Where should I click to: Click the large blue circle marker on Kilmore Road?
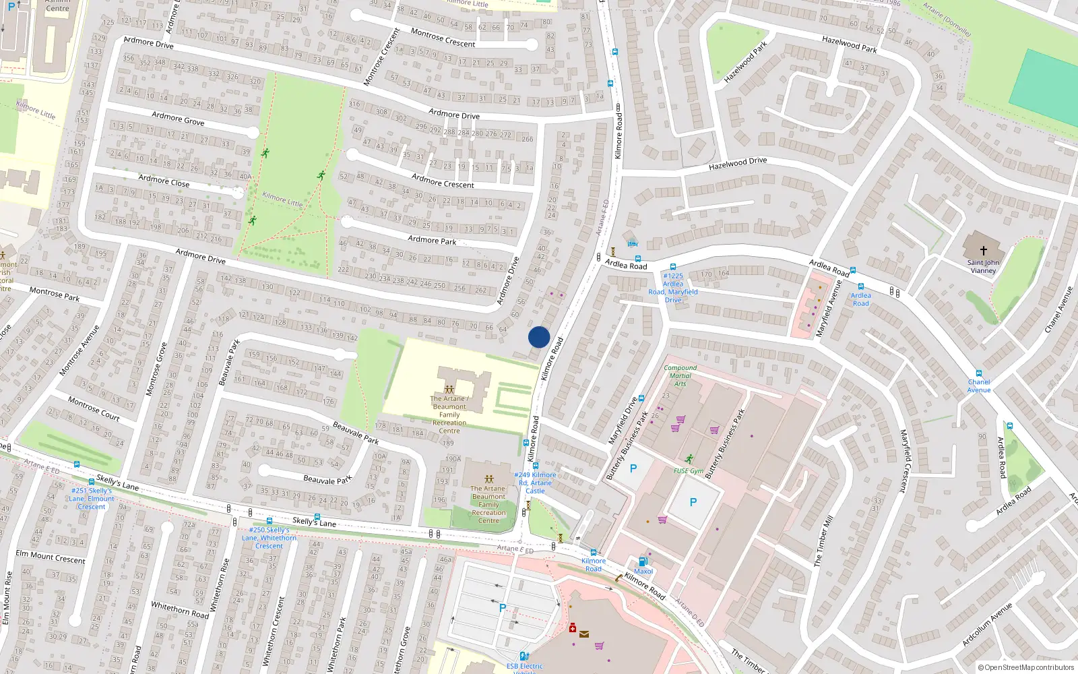pyautogui.click(x=539, y=337)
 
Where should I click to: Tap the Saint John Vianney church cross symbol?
pyautogui.click(x=983, y=250)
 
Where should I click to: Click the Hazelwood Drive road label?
pyautogui.click(x=738, y=163)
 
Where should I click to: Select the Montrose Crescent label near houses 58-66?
pyautogui.click(x=443, y=38)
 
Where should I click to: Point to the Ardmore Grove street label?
pyautogui.click(x=178, y=119)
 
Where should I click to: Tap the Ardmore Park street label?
pyautogui.click(x=432, y=240)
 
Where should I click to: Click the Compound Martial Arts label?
pyautogui.click(x=680, y=376)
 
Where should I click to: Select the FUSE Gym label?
pyautogui.click(x=688, y=471)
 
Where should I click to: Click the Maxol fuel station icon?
pyautogui.click(x=643, y=561)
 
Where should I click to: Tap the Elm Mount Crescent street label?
pyautogui.click(x=51, y=557)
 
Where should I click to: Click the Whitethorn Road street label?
pyautogui.click(x=180, y=610)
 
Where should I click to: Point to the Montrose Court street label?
pyautogui.click(x=94, y=409)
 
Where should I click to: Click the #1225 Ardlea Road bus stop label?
pyautogui.click(x=673, y=288)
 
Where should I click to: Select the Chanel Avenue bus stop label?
pyautogui.click(x=979, y=386)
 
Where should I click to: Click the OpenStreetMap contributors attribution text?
pyautogui.click(x=1025, y=667)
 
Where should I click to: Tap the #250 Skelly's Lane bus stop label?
pyautogui.click(x=269, y=538)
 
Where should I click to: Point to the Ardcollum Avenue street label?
pyautogui.click(x=987, y=625)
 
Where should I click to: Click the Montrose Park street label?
pyautogui.click(x=55, y=293)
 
